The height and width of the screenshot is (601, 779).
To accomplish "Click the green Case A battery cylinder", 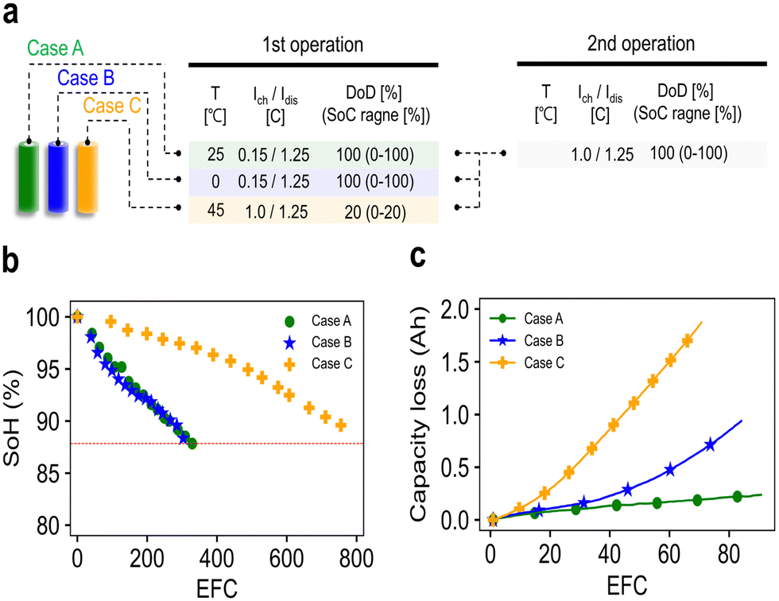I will (x=30, y=176).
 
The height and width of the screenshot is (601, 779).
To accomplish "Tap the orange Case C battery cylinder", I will (x=87, y=176).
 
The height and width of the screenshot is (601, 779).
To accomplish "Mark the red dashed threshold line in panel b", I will (x=238, y=443).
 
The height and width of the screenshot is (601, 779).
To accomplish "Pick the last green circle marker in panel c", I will (x=736, y=497).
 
